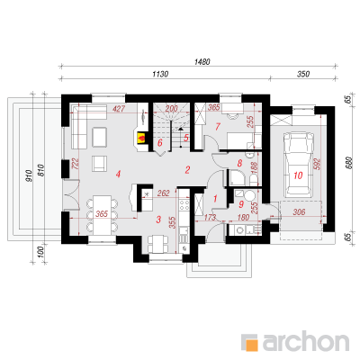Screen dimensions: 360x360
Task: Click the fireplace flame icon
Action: pos(141,138)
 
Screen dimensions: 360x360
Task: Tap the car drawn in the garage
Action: pos(297,165)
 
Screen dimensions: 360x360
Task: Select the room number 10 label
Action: pos(298,175)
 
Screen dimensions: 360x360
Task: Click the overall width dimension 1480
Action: pos(202,62)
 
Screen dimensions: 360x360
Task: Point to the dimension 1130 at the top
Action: pos(160,74)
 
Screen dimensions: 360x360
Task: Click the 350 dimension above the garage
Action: pos(303,74)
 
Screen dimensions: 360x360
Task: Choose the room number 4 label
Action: pos(119,174)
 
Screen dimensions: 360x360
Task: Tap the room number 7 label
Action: pos(218,127)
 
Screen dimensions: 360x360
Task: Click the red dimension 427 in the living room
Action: pos(119,109)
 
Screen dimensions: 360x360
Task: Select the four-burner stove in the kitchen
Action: pos(184,205)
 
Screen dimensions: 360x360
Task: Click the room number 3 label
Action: pos(158,220)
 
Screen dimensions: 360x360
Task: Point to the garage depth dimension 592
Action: pos(318,164)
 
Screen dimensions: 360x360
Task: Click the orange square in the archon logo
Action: pos(251,343)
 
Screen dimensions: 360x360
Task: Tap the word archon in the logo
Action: pos(306,341)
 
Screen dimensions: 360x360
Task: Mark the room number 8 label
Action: pos(239,163)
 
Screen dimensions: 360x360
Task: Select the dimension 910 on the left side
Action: pos(29,176)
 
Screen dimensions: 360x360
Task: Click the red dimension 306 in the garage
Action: pos(299,212)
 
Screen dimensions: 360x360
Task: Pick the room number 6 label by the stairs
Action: pos(160,143)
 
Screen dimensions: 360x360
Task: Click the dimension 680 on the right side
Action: pos(348,163)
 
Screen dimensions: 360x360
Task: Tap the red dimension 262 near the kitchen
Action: pos(164,193)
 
